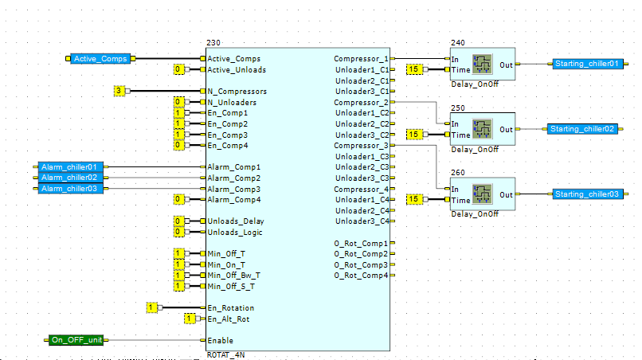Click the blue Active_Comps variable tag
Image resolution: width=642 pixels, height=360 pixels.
coord(100,59)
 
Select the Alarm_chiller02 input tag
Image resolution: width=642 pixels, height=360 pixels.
coord(70,178)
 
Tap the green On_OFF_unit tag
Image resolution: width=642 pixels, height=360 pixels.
coord(76,340)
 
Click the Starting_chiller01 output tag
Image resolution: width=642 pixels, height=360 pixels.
coord(588,64)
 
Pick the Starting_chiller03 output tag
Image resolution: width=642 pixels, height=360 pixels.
coord(588,194)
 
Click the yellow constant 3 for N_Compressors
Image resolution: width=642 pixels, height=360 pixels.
coord(119,91)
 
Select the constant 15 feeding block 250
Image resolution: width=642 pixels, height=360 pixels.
coord(414,135)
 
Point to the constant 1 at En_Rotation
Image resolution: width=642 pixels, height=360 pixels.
coord(151,307)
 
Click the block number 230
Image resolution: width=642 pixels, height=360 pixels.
coord(213,42)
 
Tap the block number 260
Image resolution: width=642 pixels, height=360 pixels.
coord(458,172)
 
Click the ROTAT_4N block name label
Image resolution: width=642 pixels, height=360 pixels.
coord(225,354)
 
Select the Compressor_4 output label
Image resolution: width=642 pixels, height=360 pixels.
coord(361,190)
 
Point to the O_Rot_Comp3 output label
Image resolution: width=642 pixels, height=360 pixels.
coord(361,265)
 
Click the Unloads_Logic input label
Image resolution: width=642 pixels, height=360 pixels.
coord(235,233)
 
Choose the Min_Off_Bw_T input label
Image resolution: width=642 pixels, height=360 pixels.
coord(233,276)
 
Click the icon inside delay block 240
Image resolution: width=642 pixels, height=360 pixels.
coord(483,65)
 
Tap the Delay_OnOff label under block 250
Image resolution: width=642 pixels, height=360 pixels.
coord(475,150)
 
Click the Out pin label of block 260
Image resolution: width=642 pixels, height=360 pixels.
coord(506,195)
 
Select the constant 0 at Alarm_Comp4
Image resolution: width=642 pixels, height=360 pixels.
coord(178,199)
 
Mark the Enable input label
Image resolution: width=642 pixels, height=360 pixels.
coord(221,340)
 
